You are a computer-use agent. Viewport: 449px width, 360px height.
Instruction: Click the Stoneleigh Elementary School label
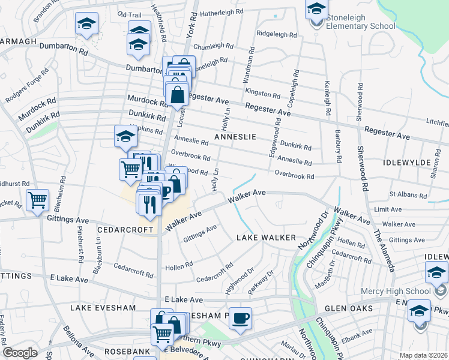pos(361,22)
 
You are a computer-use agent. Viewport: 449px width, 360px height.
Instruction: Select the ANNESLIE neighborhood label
pos(235,137)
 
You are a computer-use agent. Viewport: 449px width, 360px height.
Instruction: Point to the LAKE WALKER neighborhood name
pos(266,238)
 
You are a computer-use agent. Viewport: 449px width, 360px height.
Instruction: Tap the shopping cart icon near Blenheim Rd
pos(38,200)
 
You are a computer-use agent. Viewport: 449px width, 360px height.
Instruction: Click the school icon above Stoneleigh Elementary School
pos(316,9)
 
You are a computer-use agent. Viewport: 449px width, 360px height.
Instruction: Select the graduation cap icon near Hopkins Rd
pos(125,136)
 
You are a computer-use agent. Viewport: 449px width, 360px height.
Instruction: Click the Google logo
pos(20,353)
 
